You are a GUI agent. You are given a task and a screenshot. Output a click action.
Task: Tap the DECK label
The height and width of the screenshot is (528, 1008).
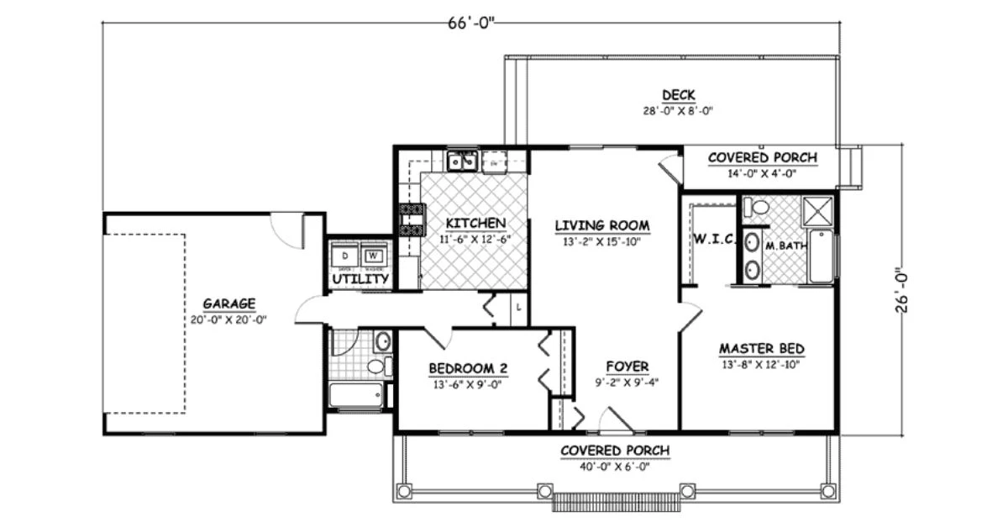click(678, 95)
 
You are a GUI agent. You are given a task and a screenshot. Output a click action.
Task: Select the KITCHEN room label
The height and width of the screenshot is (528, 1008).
click(475, 223)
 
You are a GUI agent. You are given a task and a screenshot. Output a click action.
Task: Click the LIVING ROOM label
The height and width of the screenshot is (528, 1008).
click(602, 225)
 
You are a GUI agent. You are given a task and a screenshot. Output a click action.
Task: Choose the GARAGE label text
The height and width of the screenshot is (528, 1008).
click(228, 304)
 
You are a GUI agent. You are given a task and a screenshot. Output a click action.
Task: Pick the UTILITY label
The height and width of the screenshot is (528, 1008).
click(360, 278)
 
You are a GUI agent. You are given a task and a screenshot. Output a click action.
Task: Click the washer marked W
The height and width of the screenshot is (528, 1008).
click(373, 256)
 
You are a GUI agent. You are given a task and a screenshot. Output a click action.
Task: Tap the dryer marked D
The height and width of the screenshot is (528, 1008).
click(345, 256)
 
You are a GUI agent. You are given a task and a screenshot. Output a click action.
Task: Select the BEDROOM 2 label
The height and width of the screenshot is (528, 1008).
click(468, 368)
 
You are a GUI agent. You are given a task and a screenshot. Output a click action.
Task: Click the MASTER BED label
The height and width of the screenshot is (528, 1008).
click(762, 349)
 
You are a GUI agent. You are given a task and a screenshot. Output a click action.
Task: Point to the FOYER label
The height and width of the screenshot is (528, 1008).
click(627, 367)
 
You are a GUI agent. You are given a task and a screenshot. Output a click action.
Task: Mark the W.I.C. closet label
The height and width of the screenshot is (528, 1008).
click(714, 240)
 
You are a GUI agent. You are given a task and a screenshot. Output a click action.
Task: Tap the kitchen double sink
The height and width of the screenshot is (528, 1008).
click(462, 161)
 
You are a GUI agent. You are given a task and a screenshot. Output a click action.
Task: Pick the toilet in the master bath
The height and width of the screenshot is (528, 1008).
click(758, 208)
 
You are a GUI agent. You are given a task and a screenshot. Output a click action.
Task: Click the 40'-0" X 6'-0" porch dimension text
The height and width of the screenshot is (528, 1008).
click(615, 467)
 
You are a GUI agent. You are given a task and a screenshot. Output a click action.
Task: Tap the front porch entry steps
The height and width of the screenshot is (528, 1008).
click(616, 502)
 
